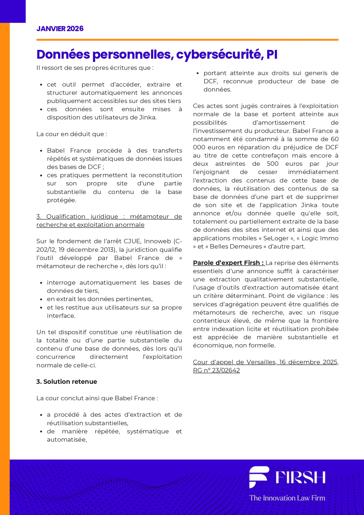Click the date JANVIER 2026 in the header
pos(60,28)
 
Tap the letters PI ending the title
pos(272,55)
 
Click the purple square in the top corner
pos(13,11)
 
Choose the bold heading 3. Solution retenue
pos(67,381)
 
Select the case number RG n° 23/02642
pos(216,370)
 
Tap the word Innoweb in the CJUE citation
pos(158,241)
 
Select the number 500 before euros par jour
pos(273,164)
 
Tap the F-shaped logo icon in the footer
pos(258,477)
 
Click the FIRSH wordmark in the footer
pos(300,477)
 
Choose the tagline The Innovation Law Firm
pos(287,498)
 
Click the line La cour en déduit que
pos(72,134)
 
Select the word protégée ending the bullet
pos(61,200)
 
